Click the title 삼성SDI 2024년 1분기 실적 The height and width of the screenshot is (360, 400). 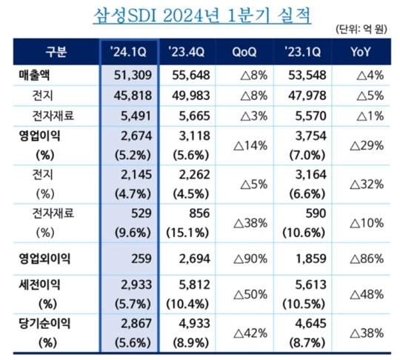[199, 14]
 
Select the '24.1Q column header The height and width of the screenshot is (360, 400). [127, 52]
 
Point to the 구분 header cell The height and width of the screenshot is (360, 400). [55, 52]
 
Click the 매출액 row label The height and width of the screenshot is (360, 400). [36, 76]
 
